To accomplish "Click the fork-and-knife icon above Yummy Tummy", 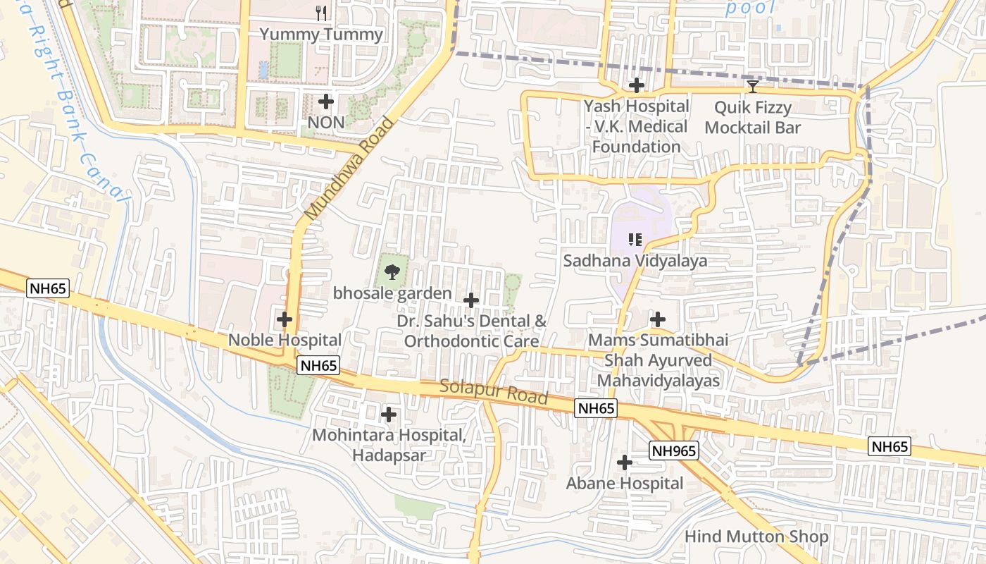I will coord(321,13).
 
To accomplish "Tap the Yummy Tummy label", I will coord(321,35).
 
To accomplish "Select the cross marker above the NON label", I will coord(326,102).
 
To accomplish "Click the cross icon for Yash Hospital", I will coord(637,86).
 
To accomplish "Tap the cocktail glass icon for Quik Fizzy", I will coord(753,87).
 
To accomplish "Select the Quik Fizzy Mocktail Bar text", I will coord(753,118).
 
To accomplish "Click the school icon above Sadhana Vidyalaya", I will coord(635,240).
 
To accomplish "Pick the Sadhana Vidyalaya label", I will coord(635,261).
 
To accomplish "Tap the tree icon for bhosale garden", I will coord(392,271).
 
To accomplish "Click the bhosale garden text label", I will coord(392,293).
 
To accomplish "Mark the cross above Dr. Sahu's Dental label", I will coord(471,300).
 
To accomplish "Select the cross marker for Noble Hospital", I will coord(285,319).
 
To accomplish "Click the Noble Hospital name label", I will coord(285,340).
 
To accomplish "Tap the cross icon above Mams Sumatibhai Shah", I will coord(658,319).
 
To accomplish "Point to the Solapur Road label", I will coord(494,392).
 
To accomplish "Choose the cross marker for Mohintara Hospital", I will coord(389,415).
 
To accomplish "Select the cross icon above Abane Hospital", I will coord(625,462).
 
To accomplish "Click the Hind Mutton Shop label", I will coord(756,537).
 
